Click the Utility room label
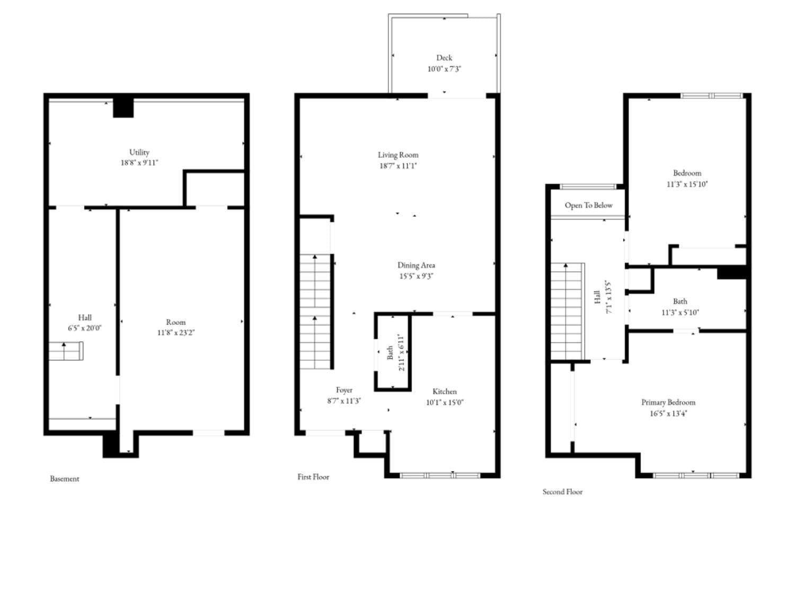[x=139, y=152]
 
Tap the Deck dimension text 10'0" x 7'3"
[x=444, y=69]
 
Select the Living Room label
[x=398, y=155]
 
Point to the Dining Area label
[x=416, y=265]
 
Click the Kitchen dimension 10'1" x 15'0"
[x=444, y=402]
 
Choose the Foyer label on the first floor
[x=344, y=390]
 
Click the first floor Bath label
[x=390, y=353]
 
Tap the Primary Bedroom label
[x=668, y=402]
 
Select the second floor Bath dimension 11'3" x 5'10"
[x=679, y=313]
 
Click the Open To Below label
[x=588, y=205]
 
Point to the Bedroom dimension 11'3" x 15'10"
[x=687, y=184]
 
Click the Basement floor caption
[x=65, y=479]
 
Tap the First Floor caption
[x=313, y=477]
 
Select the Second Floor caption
[x=562, y=492]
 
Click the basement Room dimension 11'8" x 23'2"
[x=175, y=333]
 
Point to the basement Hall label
[x=85, y=317]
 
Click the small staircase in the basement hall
[x=66, y=351]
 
